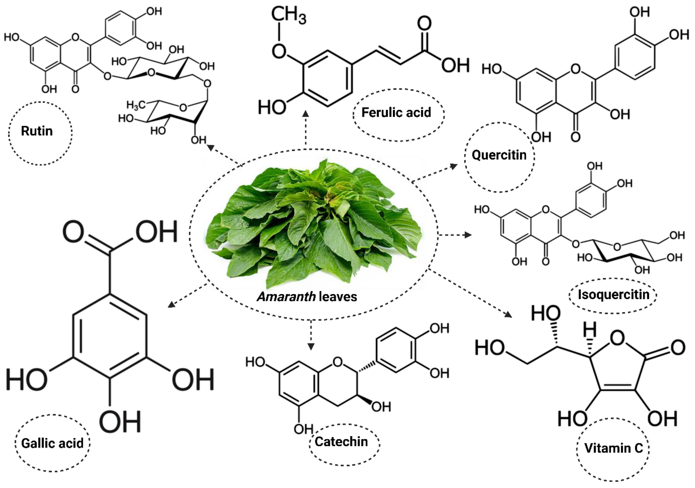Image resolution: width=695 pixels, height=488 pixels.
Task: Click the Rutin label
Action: (x=37, y=131)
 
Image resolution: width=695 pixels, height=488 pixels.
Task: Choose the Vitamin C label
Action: (x=613, y=448)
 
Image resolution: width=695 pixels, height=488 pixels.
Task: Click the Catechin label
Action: (x=341, y=442)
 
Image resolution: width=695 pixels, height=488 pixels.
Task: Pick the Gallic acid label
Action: (x=52, y=444)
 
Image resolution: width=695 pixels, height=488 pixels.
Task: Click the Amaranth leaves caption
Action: (x=307, y=297)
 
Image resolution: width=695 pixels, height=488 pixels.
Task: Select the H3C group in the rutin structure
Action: (x=135, y=105)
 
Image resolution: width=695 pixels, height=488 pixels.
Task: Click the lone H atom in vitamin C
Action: (x=590, y=329)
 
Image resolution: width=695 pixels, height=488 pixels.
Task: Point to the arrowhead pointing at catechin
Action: (x=311, y=346)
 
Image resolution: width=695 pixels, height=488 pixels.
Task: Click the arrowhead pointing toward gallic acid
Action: (x=172, y=305)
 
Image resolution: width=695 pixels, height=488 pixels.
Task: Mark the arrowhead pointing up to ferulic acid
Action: (x=306, y=114)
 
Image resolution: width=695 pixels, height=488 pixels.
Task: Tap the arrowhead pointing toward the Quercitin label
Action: (x=454, y=166)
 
